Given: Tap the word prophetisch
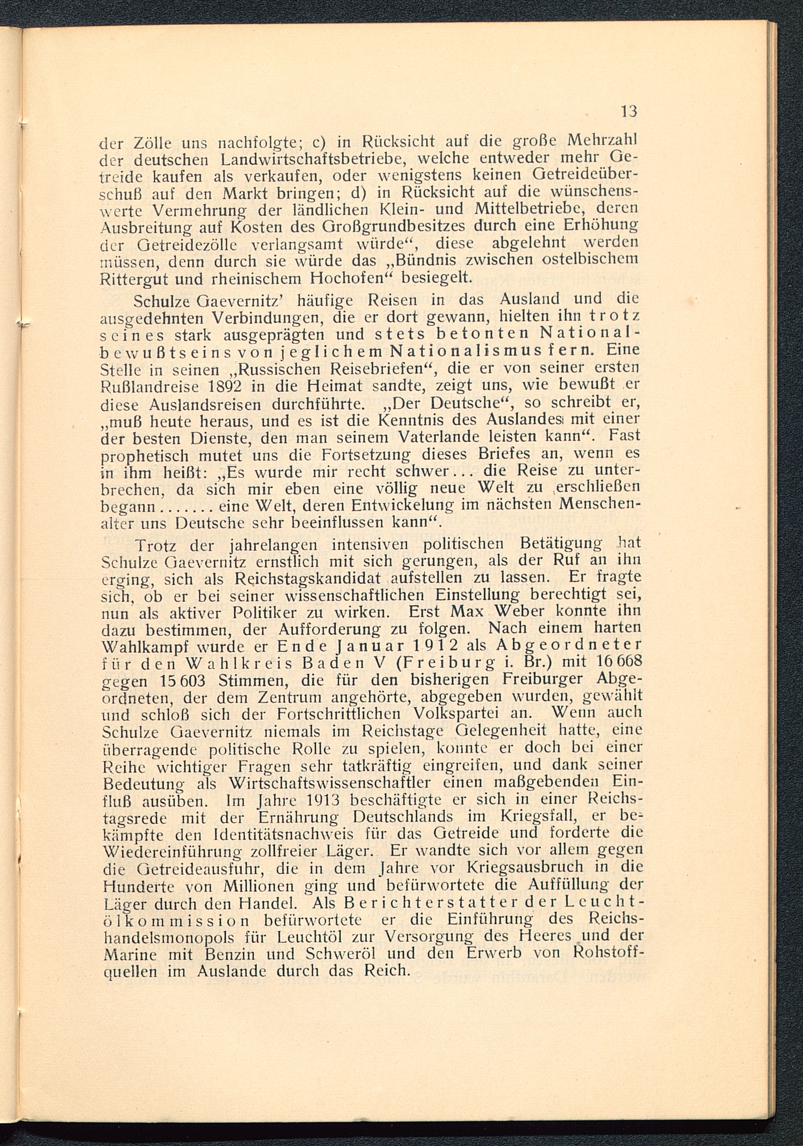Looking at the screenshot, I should pyautogui.click(x=143, y=456).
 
